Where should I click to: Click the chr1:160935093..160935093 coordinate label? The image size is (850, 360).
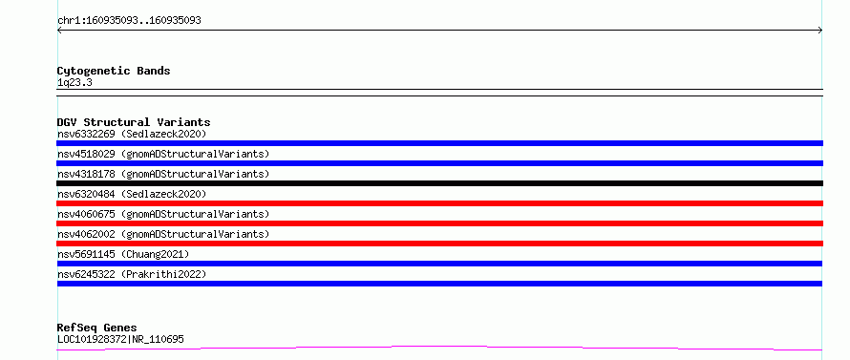pyautogui.click(x=129, y=21)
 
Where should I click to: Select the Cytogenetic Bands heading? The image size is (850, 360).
pyautogui.click(x=114, y=71)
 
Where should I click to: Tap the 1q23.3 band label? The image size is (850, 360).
pyautogui.click(x=74, y=83)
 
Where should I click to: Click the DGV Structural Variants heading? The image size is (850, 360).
pyautogui.click(x=134, y=122)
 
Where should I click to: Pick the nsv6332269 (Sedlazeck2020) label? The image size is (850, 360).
pyautogui.click(x=132, y=134)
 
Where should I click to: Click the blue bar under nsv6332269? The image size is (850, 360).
pyautogui.click(x=439, y=143)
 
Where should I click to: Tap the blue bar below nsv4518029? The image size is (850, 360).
pyautogui.click(x=439, y=163)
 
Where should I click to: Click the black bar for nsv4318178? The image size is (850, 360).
pyautogui.click(x=439, y=183)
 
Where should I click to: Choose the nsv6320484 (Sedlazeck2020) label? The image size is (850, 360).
pyautogui.click(x=132, y=194)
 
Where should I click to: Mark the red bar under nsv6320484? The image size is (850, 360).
pyautogui.click(x=439, y=203)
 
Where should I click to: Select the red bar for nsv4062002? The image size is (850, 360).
pyautogui.click(x=439, y=244)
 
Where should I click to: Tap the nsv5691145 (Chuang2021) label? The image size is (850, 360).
pyautogui.click(x=123, y=254)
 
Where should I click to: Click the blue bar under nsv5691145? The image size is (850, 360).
pyautogui.click(x=439, y=264)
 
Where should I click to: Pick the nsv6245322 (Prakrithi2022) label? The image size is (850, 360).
pyautogui.click(x=132, y=274)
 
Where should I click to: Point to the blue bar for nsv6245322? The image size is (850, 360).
pyautogui.click(x=439, y=284)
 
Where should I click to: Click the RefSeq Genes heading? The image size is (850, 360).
pyautogui.click(x=97, y=328)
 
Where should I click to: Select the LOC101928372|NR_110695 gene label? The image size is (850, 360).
pyautogui.click(x=120, y=339)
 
